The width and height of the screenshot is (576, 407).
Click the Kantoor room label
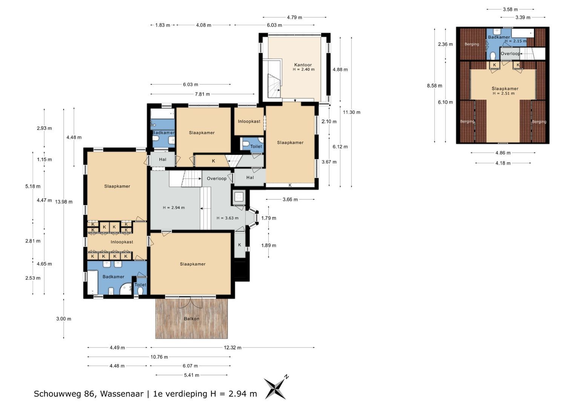[303, 65]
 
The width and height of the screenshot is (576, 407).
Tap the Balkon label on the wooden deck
[191, 318]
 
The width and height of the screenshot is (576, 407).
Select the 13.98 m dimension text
[64, 202]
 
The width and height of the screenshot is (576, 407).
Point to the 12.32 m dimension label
[233, 347]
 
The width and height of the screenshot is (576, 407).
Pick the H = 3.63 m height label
[227, 218]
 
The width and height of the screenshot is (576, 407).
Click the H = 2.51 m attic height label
[504, 93]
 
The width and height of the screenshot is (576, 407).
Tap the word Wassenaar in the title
[122, 394]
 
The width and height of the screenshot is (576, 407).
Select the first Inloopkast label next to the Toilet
[249, 121]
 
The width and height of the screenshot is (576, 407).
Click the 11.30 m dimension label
[351, 112]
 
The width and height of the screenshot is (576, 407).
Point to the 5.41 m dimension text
[191, 375]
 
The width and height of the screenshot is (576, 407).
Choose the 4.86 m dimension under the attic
[503, 153]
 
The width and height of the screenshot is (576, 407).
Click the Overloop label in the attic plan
[510, 54]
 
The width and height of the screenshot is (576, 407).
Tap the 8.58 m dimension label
[435, 86]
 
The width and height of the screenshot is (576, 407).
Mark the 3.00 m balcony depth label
[64, 319]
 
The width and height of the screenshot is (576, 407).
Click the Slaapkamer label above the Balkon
[193, 264]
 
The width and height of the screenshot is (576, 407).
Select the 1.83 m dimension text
[162, 25]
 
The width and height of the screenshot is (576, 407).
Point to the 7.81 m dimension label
[202, 94]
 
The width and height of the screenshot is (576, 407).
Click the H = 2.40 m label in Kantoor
[304, 69]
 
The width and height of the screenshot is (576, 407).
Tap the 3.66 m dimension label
[290, 199]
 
